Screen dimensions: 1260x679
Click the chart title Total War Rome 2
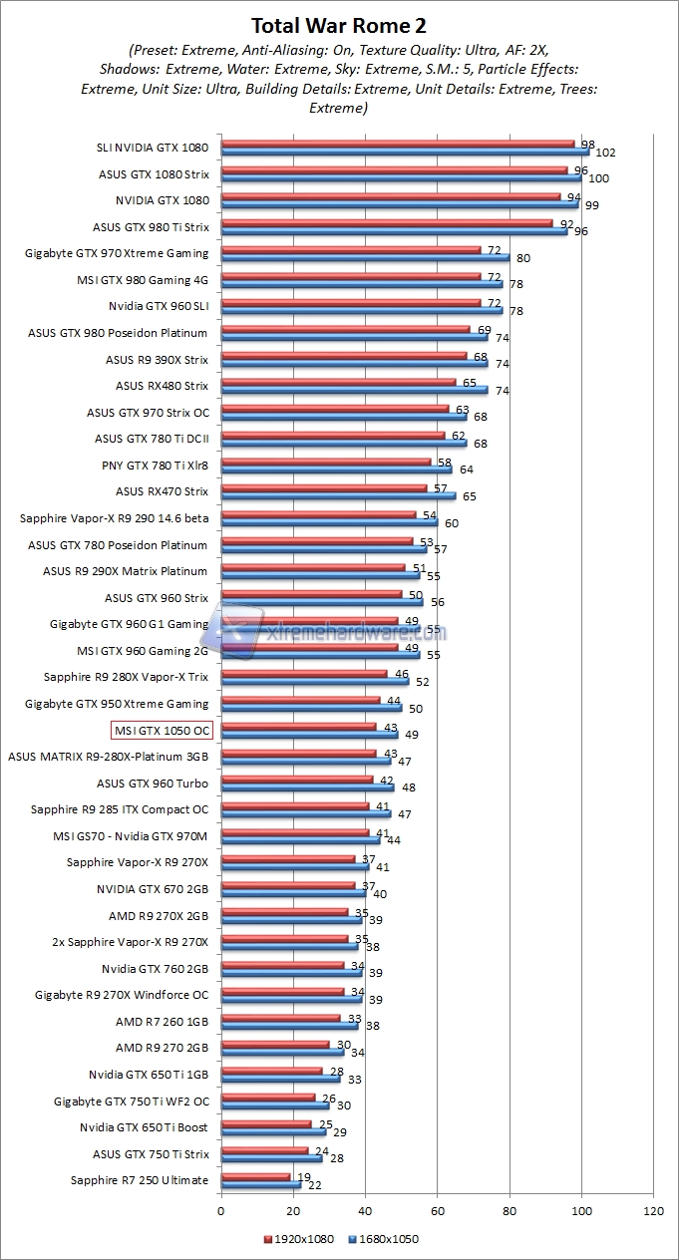339,25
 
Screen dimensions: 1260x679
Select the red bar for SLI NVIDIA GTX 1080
398,144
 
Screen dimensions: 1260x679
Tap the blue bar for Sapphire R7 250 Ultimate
260,1184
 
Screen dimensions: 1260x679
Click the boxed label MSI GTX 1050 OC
162,730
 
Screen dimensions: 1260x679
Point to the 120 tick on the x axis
654,1211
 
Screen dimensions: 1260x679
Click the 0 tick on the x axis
221,1211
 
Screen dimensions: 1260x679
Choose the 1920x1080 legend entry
299,1240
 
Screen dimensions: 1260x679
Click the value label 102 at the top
605,153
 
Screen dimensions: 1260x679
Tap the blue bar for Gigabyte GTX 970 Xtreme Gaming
365,257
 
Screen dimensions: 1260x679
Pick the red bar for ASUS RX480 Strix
338,382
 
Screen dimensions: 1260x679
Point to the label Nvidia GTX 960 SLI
159,306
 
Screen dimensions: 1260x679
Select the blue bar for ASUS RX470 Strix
338,495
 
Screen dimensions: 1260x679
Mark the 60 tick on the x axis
438,1211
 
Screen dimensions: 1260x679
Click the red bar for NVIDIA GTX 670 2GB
288,884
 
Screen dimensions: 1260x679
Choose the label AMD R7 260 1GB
162,1022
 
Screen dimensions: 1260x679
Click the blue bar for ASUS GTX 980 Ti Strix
394,230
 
